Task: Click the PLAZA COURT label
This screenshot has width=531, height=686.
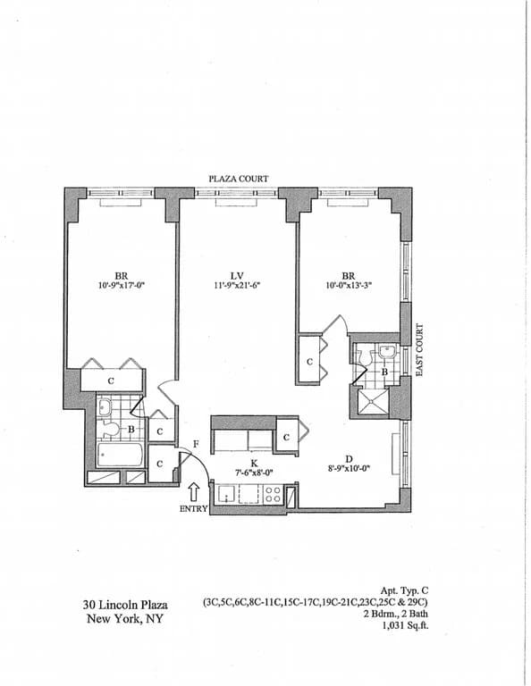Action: coord(238,179)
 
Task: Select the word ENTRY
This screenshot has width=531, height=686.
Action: coord(194,509)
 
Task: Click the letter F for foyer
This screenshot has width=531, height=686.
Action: coord(195,444)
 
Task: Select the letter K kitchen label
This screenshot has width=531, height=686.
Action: coord(254,464)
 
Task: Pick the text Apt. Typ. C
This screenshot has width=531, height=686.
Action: coord(404,590)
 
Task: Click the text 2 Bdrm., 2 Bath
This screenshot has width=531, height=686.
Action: coord(391,615)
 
